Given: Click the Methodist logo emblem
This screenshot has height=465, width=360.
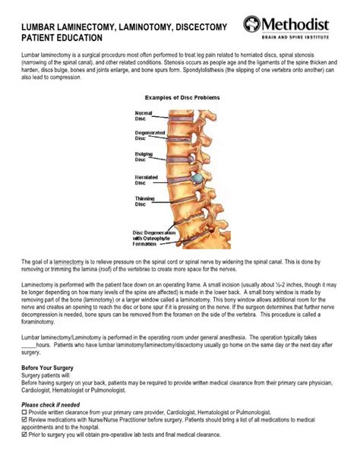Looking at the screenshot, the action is pyautogui.click(x=252, y=24).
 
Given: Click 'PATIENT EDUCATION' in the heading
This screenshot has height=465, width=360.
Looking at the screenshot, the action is pyautogui.click(x=54, y=37).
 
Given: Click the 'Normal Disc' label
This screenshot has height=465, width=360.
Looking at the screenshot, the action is pyautogui.click(x=144, y=115).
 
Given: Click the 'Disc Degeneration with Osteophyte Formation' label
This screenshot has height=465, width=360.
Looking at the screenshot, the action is pyautogui.click(x=154, y=238).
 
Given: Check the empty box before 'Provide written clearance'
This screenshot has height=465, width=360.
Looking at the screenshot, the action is pyautogui.click(x=24, y=413).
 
